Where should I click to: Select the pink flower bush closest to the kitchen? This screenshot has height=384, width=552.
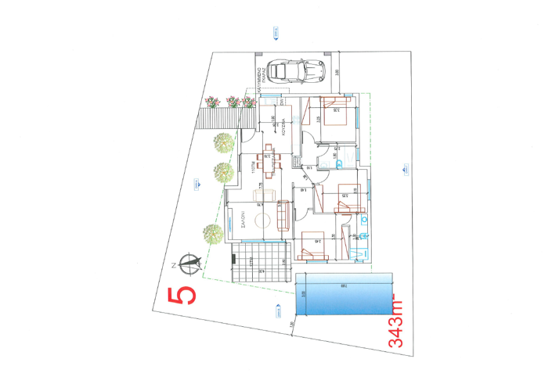(249, 101)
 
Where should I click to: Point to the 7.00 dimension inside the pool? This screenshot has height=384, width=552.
(345, 287)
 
